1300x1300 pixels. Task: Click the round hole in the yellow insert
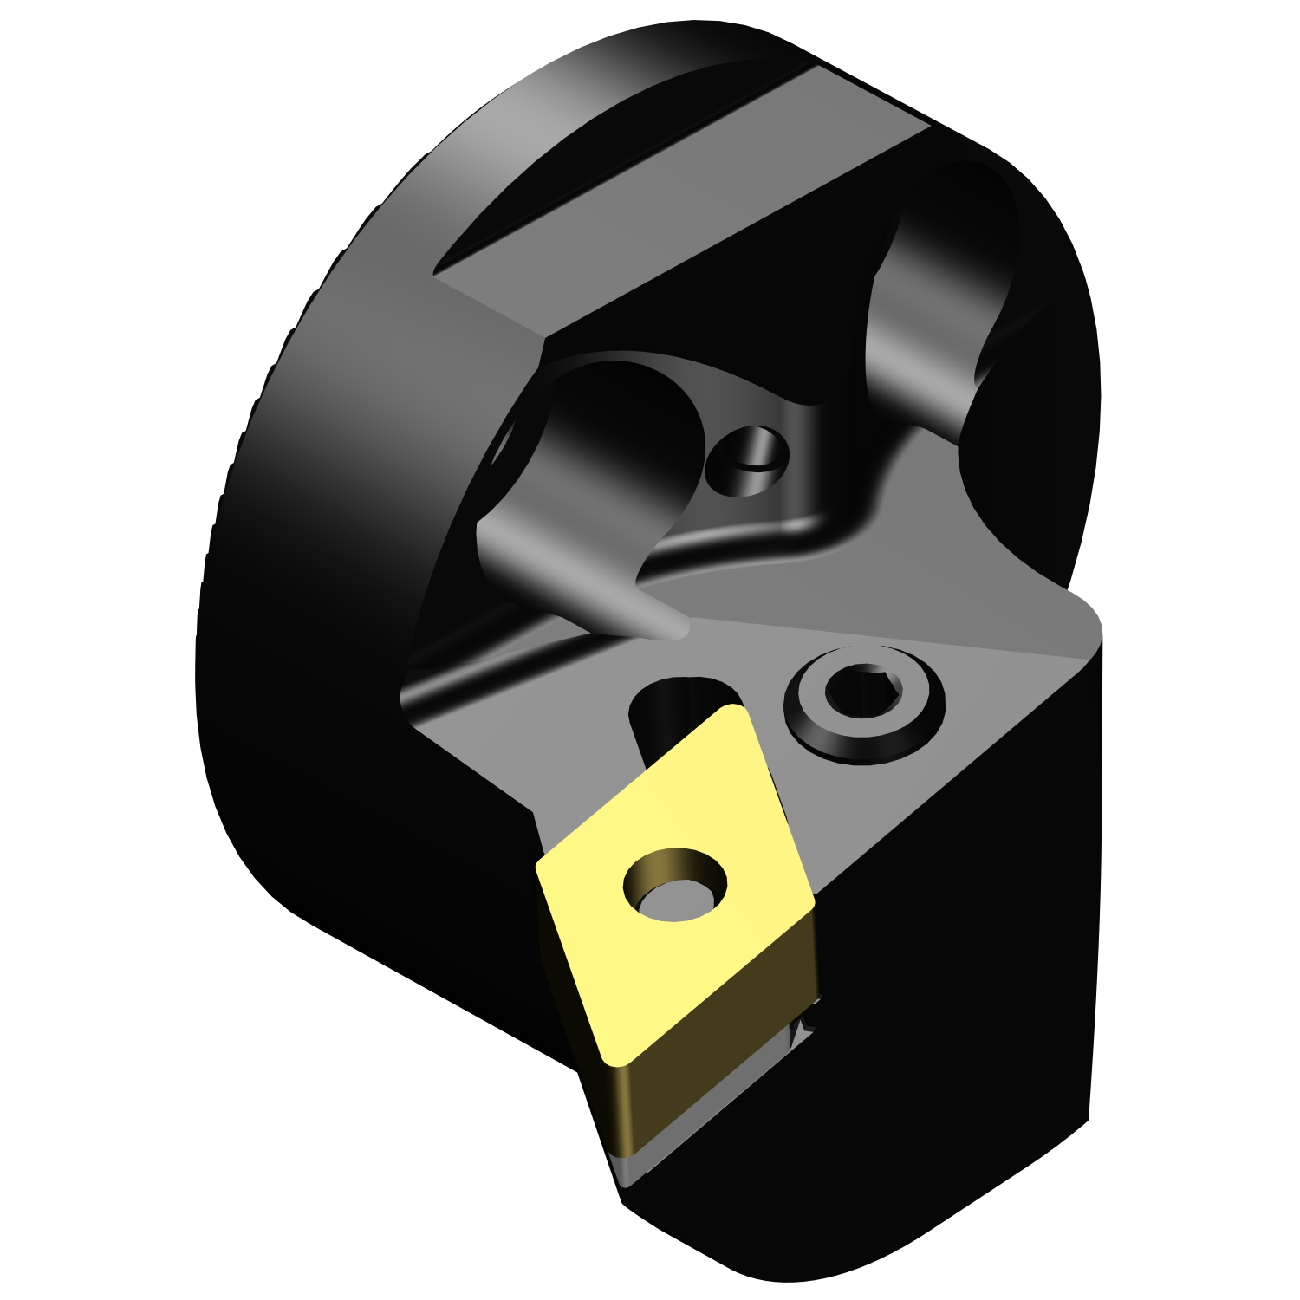[675, 884]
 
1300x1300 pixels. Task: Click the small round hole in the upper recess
[747, 460]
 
